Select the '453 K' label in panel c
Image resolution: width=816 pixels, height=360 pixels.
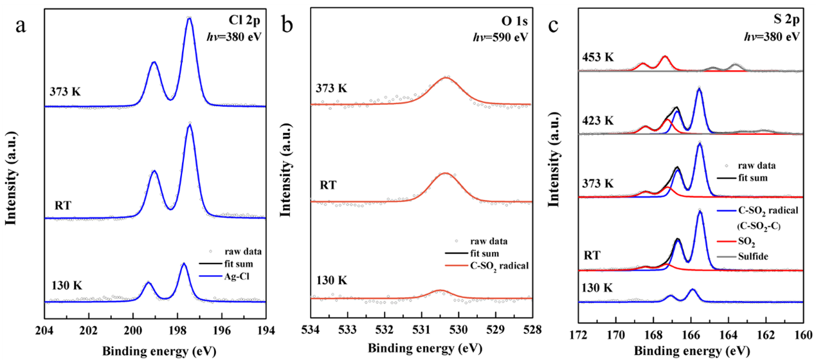point(597,58)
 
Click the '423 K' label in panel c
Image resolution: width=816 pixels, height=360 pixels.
point(597,121)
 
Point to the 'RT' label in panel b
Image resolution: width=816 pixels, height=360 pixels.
point(329,186)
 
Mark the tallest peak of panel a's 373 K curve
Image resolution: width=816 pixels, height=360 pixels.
point(189,19)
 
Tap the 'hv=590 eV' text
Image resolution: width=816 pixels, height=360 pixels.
point(504,37)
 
